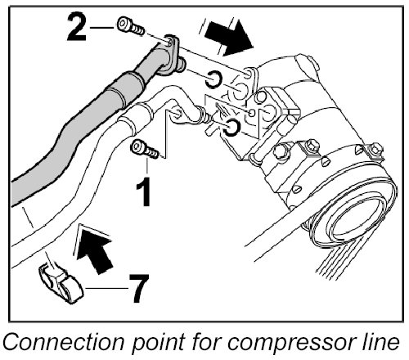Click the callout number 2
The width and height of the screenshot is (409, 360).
[x=77, y=28]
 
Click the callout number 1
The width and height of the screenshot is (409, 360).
[x=144, y=191]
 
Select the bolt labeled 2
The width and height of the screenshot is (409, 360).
[x=131, y=27]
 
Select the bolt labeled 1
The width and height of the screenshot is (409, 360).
[x=145, y=149]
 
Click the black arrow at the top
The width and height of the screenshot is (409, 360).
[x=228, y=37]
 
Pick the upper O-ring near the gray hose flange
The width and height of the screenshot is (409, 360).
[x=213, y=79]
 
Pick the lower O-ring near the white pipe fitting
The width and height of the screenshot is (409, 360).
[x=231, y=128]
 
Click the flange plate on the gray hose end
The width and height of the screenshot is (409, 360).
[x=169, y=56]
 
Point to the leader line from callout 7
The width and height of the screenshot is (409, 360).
[x=106, y=288]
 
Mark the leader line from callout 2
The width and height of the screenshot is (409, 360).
[x=101, y=28]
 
